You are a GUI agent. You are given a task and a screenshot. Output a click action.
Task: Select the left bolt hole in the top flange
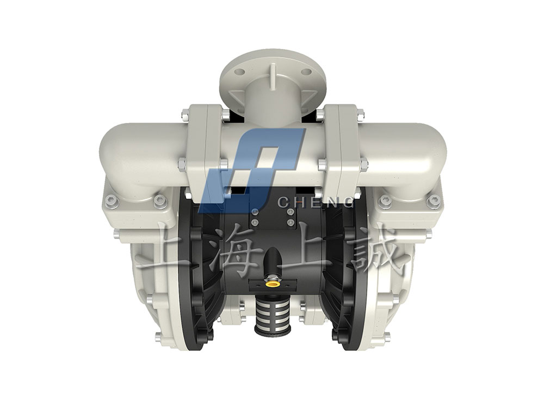click(239, 72)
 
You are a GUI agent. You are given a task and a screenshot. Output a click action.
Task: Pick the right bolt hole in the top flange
click(306, 72)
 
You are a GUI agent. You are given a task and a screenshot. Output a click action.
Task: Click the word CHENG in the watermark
click(317, 201)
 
